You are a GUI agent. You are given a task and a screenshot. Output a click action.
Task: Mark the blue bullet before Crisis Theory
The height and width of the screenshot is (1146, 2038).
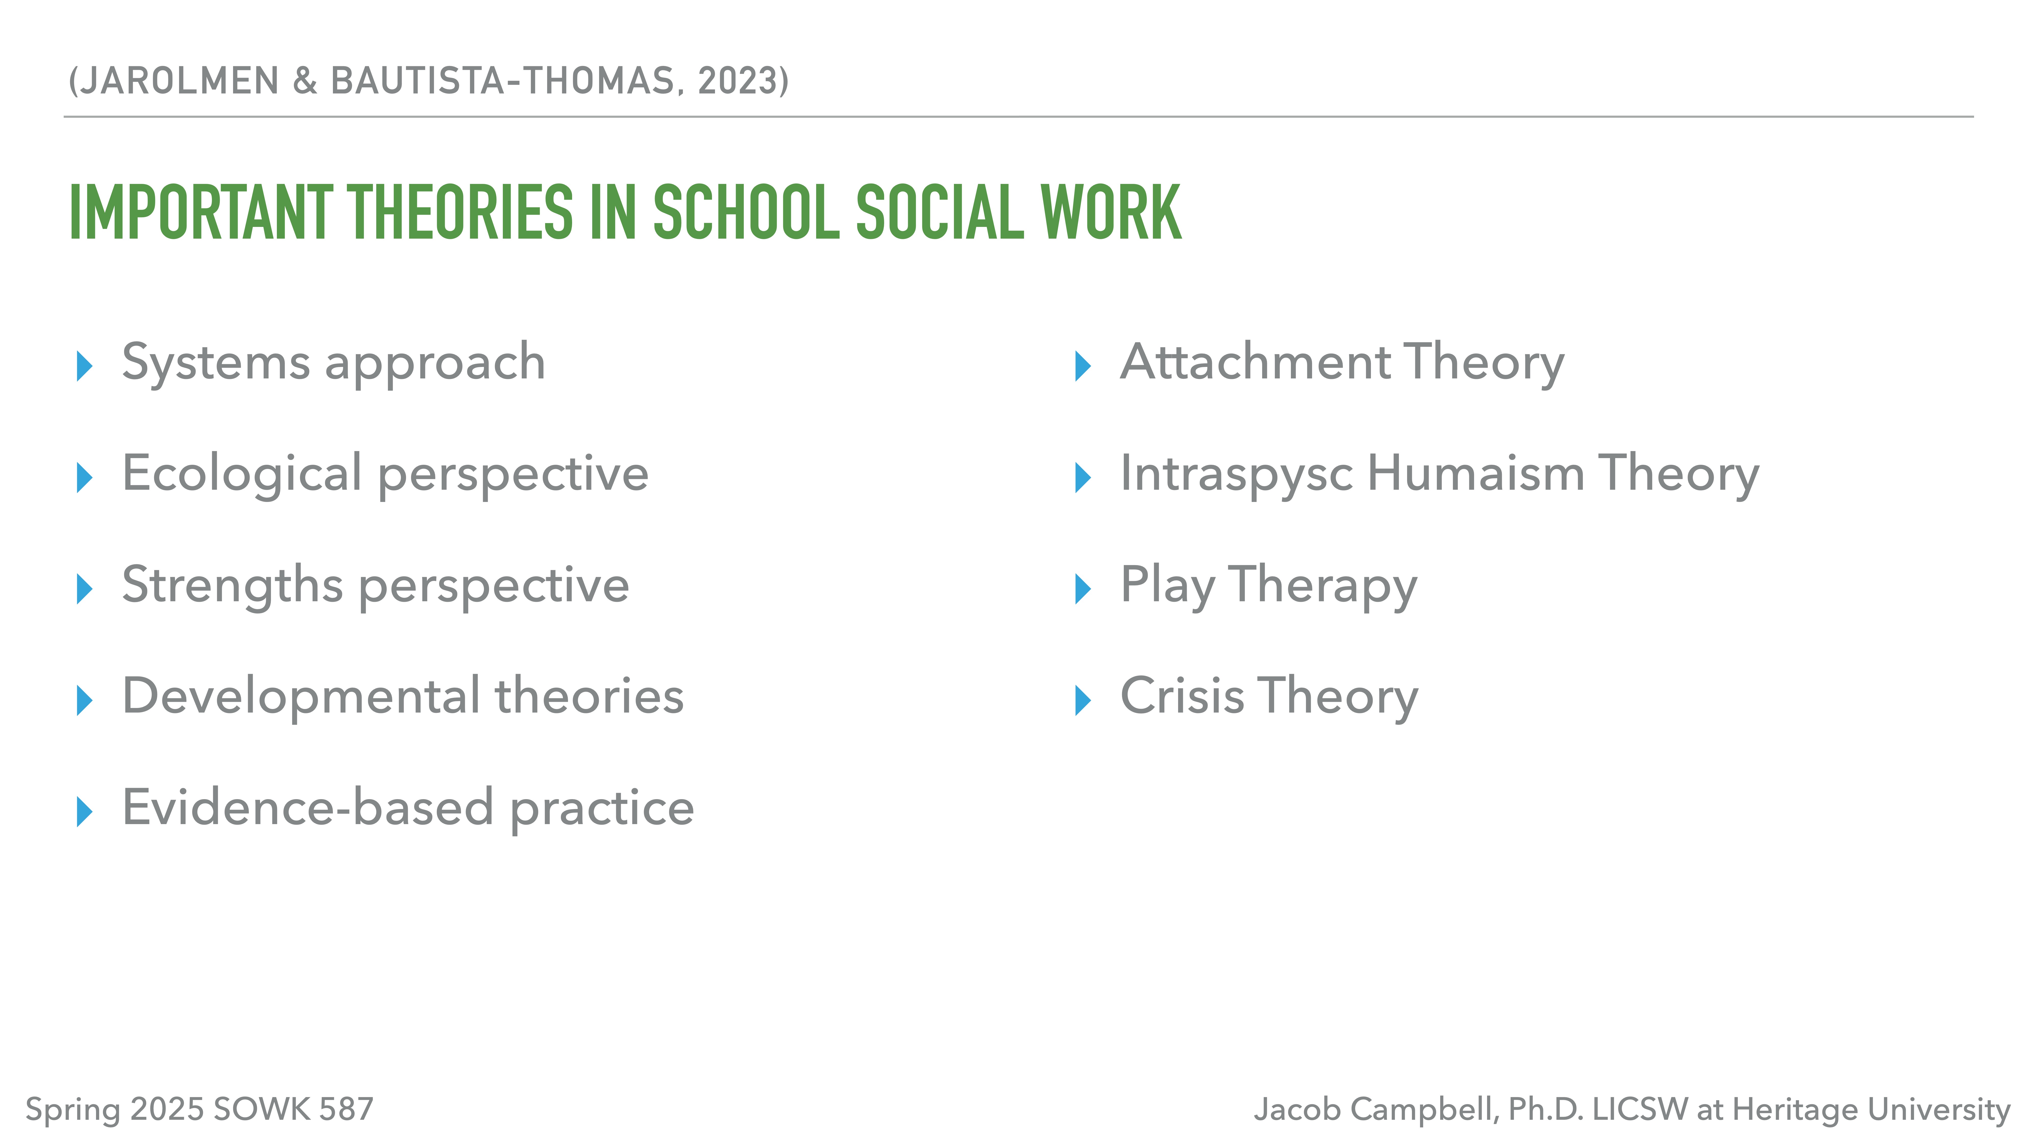pos(1083,701)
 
